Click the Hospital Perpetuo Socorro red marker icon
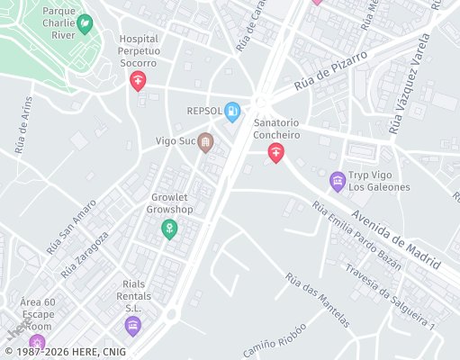click(138, 82)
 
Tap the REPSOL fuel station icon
click(232, 112)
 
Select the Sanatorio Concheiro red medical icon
click(275, 154)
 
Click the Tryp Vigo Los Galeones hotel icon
click(338, 182)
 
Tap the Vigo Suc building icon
click(205, 142)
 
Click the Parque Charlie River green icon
click(85, 24)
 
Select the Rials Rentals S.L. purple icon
click(133, 326)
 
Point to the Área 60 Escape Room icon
click(37, 343)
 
